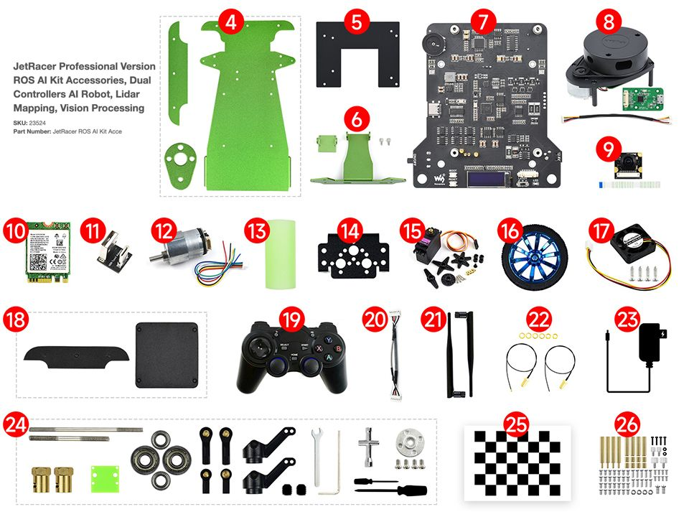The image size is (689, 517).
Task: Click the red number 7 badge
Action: click(x=483, y=22)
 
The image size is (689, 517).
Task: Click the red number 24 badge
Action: click(x=15, y=424)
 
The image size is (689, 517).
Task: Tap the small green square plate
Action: click(x=103, y=476)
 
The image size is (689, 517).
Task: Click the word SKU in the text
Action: click(x=20, y=123)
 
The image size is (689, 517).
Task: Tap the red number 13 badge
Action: click(x=256, y=230)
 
